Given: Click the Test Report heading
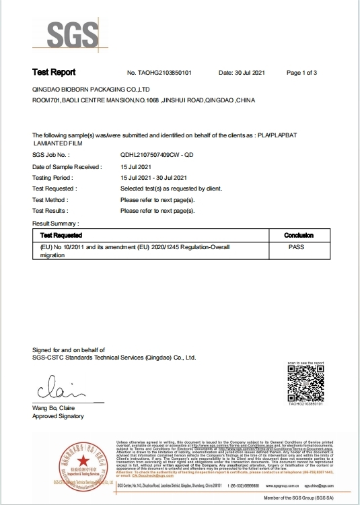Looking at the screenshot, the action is [x=54, y=72].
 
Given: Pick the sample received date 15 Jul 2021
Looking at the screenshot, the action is [x=135, y=166].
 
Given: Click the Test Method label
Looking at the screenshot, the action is [x=50, y=200].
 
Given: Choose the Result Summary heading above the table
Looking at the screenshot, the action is [x=56, y=222].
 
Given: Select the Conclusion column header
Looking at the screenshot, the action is [x=299, y=236].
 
